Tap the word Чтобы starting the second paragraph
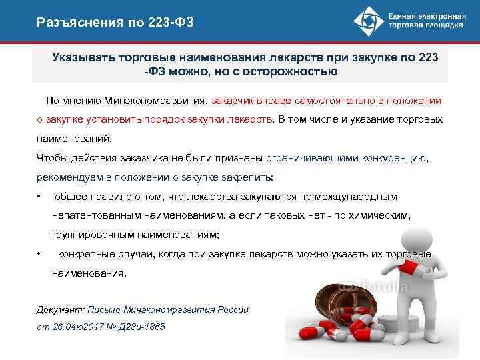pos(49,159)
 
